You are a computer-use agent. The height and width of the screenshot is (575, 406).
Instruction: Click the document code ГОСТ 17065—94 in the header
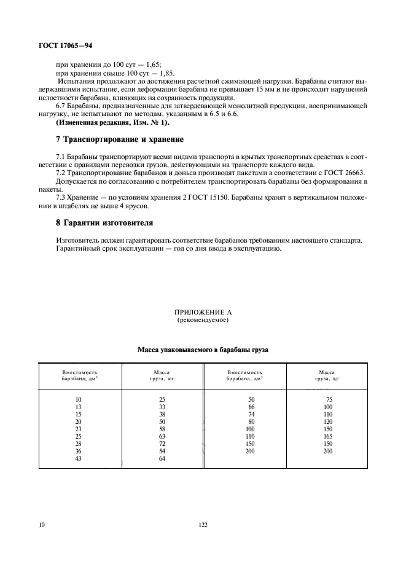click(x=65, y=46)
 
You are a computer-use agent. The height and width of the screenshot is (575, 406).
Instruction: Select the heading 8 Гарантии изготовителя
click(x=104, y=222)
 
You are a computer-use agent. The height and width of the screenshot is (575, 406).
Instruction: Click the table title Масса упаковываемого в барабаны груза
click(x=202, y=350)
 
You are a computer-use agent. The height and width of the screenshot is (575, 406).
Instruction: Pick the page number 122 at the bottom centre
click(x=203, y=525)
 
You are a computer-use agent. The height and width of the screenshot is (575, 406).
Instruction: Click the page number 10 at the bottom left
click(x=41, y=525)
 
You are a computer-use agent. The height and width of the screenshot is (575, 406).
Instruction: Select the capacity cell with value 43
click(x=79, y=458)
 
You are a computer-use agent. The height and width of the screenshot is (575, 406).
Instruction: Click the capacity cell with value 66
click(x=251, y=407)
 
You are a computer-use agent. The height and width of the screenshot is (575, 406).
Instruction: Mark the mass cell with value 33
click(x=162, y=407)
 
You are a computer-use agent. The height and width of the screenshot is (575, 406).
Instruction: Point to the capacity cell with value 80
click(x=251, y=422)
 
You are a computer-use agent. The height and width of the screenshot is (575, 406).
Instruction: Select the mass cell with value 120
click(x=328, y=422)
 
